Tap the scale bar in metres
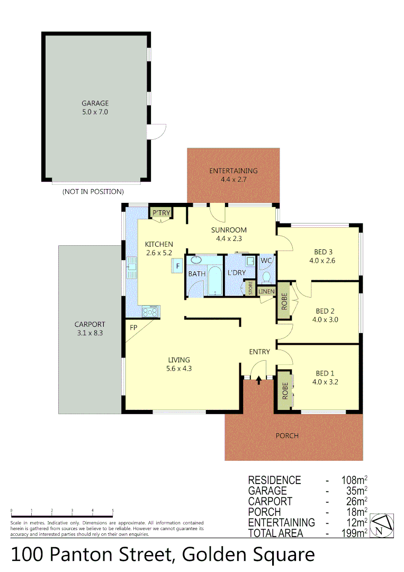62,515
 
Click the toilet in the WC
267,277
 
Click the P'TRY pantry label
161,213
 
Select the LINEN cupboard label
266,292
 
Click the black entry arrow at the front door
258,379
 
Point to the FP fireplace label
133,327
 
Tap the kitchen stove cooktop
150,312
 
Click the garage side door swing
158,131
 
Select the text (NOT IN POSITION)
93,191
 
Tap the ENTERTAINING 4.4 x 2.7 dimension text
233,180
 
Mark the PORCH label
287,436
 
